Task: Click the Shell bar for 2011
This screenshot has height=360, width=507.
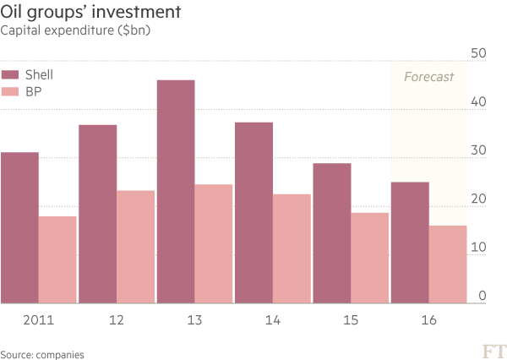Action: pyautogui.click(x=19, y=227)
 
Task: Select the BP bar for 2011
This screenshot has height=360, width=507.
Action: pyautogui.click(x=57, y=259)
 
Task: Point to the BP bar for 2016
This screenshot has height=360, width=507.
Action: pyautogui.click(x=448, y=264)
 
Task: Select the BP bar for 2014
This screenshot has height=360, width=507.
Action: pyautogui.click(x=292, y=248)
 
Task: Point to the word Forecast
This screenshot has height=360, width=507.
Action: pyautogui.click(x=428, y=77)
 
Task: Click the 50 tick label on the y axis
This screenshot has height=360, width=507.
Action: pyautogui.click(x=477, y=53)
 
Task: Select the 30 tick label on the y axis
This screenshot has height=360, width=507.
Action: pyautogui.click(x=477, y=150)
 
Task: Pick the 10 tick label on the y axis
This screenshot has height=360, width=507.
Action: pyautogui.click(x=477, y=248)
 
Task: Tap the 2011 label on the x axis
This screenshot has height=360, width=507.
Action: pyautogui.click(x=38, y=321)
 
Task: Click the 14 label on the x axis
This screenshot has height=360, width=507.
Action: pyautogui.click(x=273, y=321)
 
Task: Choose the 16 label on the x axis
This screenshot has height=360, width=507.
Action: pyautogui.click(x=428, y=321)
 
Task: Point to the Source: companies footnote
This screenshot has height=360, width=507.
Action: pyautogui.click(x=42, y=354)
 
